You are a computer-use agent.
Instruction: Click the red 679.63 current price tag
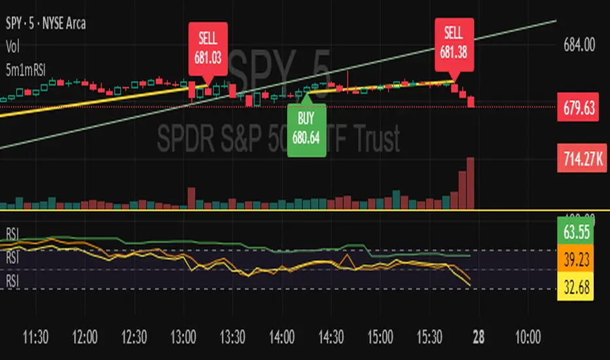[x=579, y=107]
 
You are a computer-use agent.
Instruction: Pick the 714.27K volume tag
[x=579, y=157]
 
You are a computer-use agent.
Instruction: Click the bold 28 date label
[x=478, y=338]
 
